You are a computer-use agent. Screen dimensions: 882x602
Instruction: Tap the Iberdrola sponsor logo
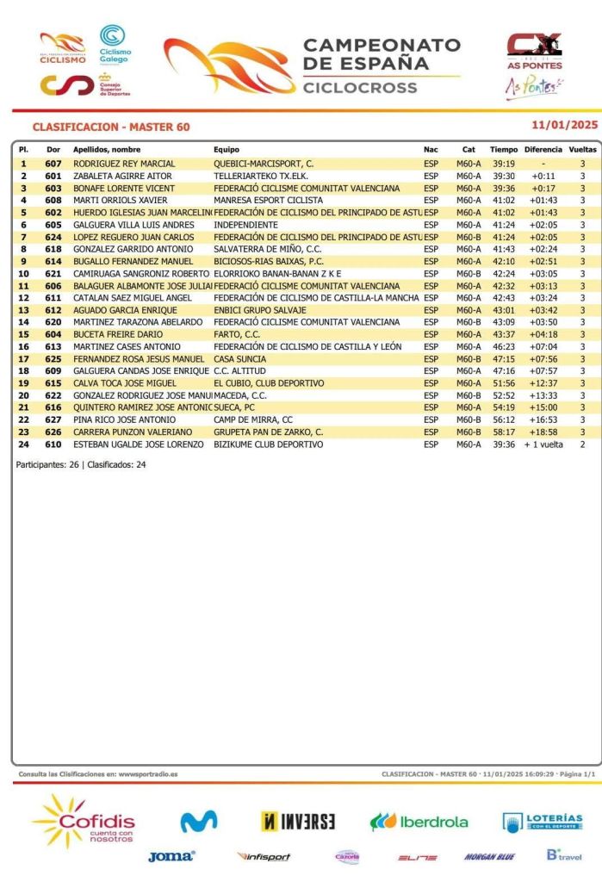(x=419, y=821)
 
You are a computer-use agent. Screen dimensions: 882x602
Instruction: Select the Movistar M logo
(x=198, y=822)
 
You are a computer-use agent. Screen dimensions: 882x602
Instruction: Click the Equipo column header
(x=227, y=150)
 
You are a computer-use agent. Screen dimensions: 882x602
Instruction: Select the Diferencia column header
(x=543, y=150)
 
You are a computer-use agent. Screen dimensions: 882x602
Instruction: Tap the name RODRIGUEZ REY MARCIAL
(x=124, y=164)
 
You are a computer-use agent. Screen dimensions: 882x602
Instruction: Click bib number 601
(x=53, y=176)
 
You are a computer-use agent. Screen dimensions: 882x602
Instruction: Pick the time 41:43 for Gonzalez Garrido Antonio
(x=504, y=249)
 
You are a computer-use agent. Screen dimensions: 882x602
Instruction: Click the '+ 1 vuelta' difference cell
(x=543, y=444)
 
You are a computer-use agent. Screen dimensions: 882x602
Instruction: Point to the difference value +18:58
(x=543, y=432)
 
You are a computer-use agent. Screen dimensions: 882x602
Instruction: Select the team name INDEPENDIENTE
(x=245, y=225)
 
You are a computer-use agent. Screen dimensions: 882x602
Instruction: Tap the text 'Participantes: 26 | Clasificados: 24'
(x=82, y=464)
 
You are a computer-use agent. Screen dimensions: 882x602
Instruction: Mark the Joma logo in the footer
(x=171, y=856)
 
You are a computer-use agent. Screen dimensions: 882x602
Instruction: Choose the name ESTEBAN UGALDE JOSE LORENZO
(x=138, y=444)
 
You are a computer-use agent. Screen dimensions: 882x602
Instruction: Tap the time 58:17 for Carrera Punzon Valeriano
(x=504, y=432)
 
